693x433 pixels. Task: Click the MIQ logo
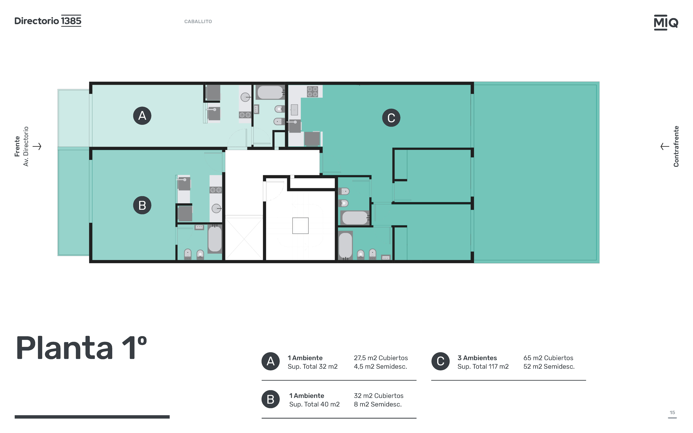pyautogui.click(x=666, y=22)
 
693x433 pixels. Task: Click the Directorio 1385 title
pyautogui.click(x=48, y=21)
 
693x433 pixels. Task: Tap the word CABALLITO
pyautogui.click(x=198, y=21)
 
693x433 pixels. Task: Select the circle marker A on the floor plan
pyautogui.click(x=142, y=116)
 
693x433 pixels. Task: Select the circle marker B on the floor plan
pyautogui.click(x=142, y=205)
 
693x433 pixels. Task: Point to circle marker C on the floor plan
pyautogui.click(x=391, y=118)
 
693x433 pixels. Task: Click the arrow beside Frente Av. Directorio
pyautogui.click(x=37, y=146)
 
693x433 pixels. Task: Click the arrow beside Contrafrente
pyautogui.click(x=665, y=146)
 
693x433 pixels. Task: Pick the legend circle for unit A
pyautogui.click(x=270, y=361)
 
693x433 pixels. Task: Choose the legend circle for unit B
pyautogui.click(x=270, y=399)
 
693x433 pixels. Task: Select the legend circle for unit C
pyautogui.click(x=440, y=361)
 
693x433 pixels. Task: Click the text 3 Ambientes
pyautogui.click(x=477, y=358)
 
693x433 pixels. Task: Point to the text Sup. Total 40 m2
pyautogui.click(x=314, y=404)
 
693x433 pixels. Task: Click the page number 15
pyautogui.click(x=672, y=413)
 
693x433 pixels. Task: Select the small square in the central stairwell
pyautogui.click(x=300, y=226)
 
